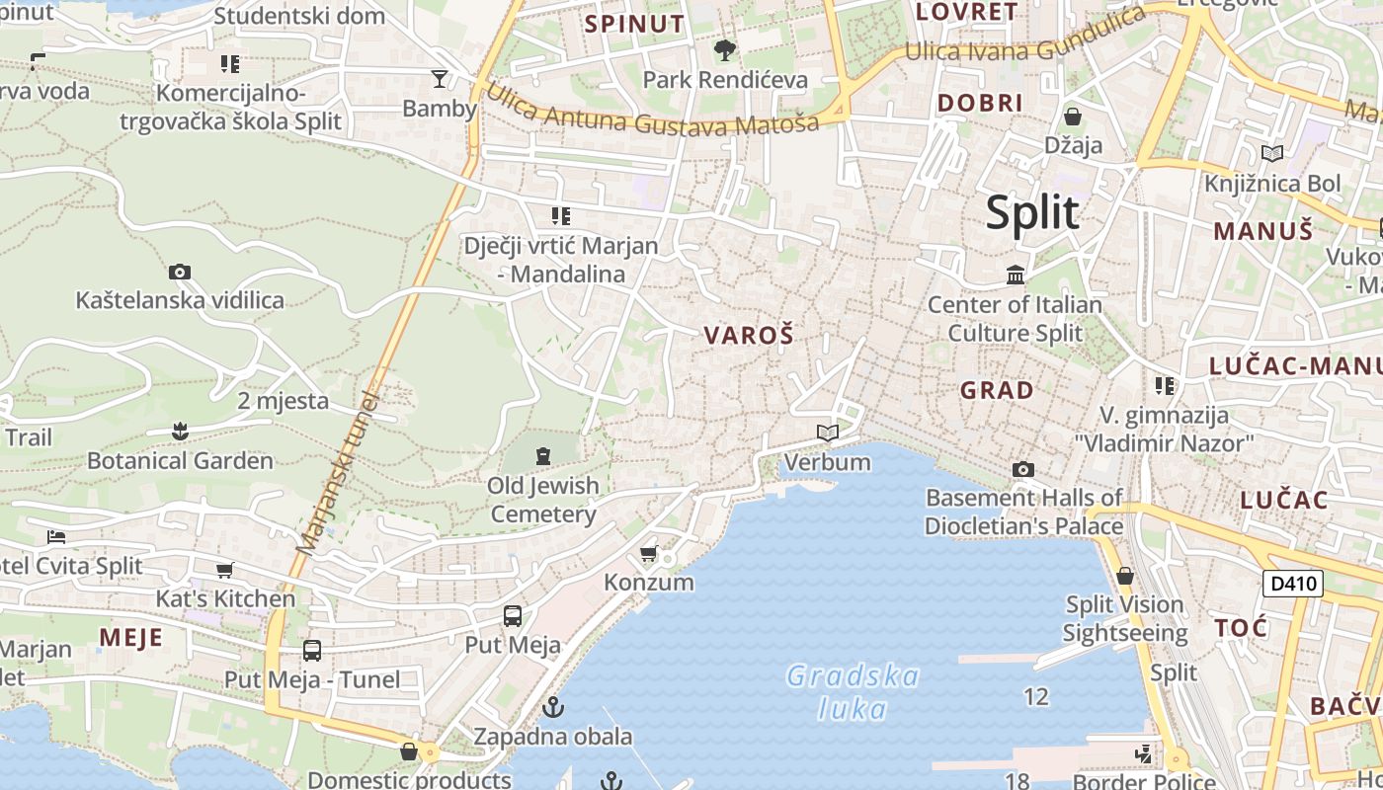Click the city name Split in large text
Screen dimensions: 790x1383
[x=1032, y=212]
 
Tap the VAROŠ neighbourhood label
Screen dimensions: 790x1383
[x=749, y=336]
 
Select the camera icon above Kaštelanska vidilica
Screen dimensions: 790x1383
[x=180, y=272]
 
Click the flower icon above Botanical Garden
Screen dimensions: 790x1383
[x=180, y=431]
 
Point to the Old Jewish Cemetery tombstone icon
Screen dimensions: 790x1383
[x=542, y=455]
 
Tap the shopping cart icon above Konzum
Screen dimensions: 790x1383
[x=649, y=553]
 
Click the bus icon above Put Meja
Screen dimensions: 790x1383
[x=513, y=616]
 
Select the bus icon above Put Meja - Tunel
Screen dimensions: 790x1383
[x=312, y=651]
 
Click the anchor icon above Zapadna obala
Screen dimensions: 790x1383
[x=553, y=707]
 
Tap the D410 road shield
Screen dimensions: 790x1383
[x=1293, y=583]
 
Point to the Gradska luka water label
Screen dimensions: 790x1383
[x=854, y=692]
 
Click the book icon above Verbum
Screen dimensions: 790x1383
[x=828, y=433]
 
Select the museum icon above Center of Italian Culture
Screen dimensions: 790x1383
[x=1016, y=275]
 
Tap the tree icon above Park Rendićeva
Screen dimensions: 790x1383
[x=725, y=49]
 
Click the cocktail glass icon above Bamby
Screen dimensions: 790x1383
[x=440, y=78]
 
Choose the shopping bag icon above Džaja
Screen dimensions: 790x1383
[x=1073, y=117]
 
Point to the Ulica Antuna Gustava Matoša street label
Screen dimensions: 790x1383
[x=652, y=111]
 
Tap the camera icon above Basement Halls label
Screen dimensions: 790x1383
[x=1023, y=469]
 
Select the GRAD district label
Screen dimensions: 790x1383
[x=997, y=390]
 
